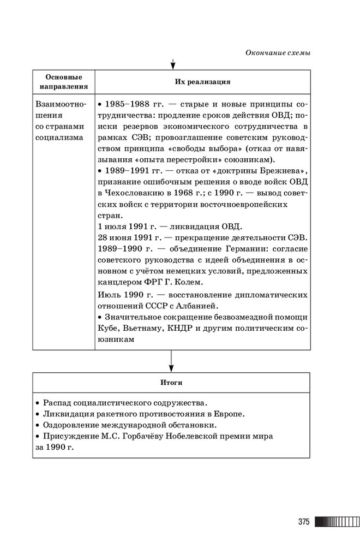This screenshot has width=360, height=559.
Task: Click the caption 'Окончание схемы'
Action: pyautogui.click(x=278, y=53)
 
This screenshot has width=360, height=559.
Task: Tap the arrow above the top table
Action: pyautogui.click(x=172, y=64)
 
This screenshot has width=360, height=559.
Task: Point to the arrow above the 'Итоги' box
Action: pyautogui.click(x=171, y=360)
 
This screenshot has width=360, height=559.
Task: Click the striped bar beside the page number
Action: pyautogui.click(x=336, y=522)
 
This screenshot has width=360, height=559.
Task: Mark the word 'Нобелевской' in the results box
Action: pyautogui.click(x=212, y=436)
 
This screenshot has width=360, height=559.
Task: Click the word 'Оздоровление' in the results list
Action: pyautogui.click(x=69, y=425)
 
